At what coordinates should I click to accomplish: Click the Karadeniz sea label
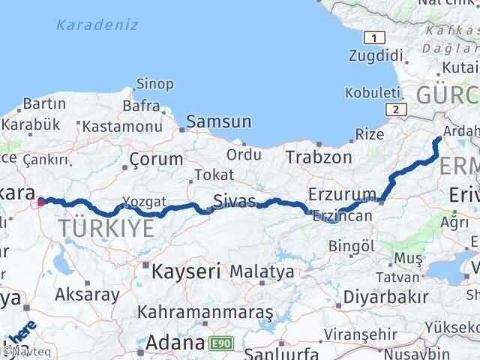pyautogui.click(x=97, y=25)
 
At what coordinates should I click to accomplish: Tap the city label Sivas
pyautogui.click(x=234, y=201)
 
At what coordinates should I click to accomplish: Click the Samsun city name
pyautogui.click(x=218, y=121)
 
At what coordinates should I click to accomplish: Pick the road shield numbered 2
pyautogui.click(x=396, y=109)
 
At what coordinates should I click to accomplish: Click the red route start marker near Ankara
pyautogui.click(x=41, y=201)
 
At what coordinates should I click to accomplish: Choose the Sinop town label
pyautogui.click(x=155, y=84)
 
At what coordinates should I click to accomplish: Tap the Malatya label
pyautogui.click(x=262, y=271)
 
